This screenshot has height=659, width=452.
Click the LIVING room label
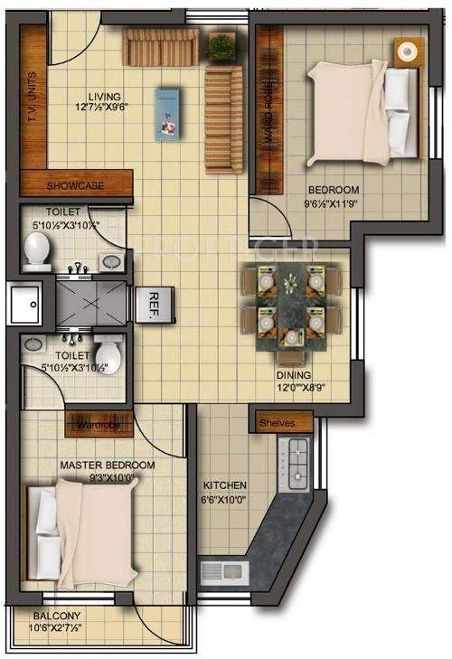pyautogui.click(x=105, y=97)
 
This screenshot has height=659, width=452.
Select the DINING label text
pyautogui.click(x=295, y=375)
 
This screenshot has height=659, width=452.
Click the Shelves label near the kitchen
pyautogui.click(x=279, y=422)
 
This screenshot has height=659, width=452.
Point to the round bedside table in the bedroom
pyautogui.click(x=410, y=51)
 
